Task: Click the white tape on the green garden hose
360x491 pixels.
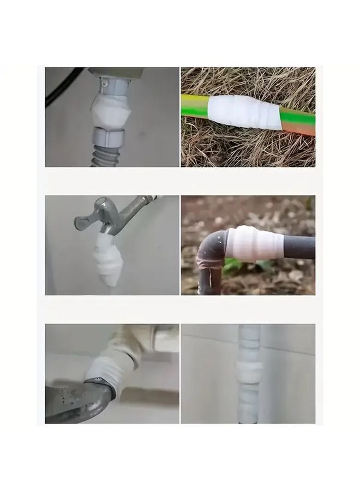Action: (x=244, y=112)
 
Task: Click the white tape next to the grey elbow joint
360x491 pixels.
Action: (x=254, y=243)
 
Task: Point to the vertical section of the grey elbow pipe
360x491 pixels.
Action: (x=209, y=276)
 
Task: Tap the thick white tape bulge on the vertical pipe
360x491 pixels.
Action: (x=249, y=370)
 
